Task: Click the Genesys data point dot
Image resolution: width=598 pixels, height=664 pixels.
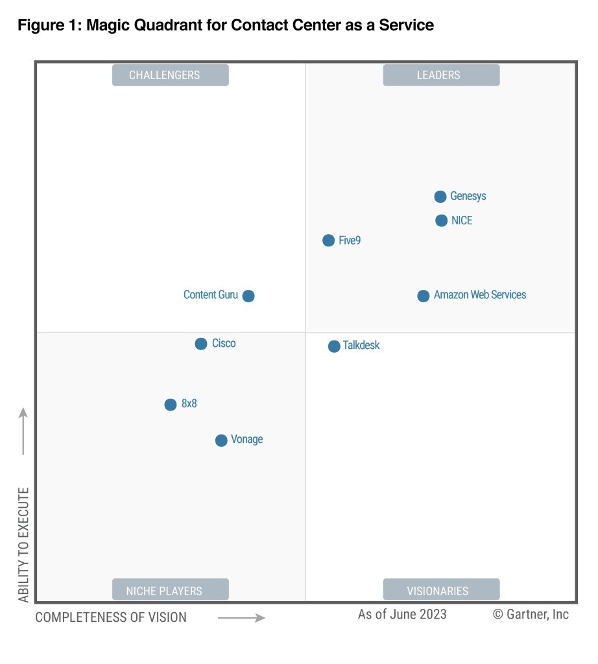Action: [x=440, y=196]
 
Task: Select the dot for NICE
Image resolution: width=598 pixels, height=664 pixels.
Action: [x=441, y=220]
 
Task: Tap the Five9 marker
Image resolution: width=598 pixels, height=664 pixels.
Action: [x=329, y=241]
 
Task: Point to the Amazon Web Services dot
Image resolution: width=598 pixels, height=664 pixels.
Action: [x=424, y=296]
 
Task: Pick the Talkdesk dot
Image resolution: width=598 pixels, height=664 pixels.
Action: [x=334, y=346]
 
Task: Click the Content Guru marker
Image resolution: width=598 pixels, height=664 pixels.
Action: [x=248, y=296]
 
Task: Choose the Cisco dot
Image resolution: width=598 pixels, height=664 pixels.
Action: [x=201, y=344]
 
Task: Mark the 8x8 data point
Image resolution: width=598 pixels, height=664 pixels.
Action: [x=171, y=405]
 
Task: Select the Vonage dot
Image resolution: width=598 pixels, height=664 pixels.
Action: [x=221, y=440]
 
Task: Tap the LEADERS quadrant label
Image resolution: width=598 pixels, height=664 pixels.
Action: [x=441, y=75]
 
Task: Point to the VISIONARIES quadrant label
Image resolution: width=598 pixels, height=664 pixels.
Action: [x=441, y=591]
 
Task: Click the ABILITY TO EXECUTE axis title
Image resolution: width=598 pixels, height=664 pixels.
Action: [x=24, y=544]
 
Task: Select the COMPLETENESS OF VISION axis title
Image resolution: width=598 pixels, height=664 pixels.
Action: [x=111, y=617]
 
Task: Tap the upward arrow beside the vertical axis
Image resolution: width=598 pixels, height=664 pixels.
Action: [x=23, y=431]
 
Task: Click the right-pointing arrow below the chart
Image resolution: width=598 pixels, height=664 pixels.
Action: [x=241, y=618]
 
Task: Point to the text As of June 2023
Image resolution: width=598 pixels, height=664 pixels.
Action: [x=402, y=614]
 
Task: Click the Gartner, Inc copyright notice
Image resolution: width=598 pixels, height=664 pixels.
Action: [x=531, y=614]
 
